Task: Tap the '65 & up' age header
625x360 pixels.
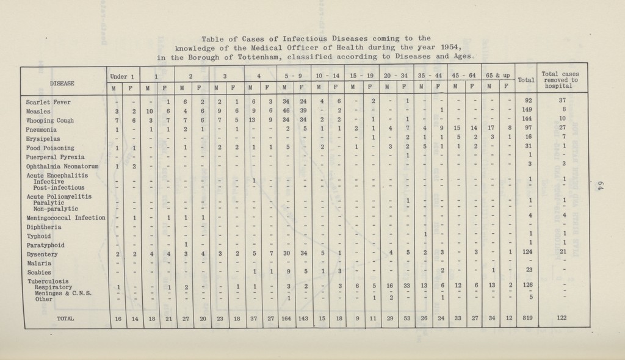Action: click(x=497, y=75)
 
